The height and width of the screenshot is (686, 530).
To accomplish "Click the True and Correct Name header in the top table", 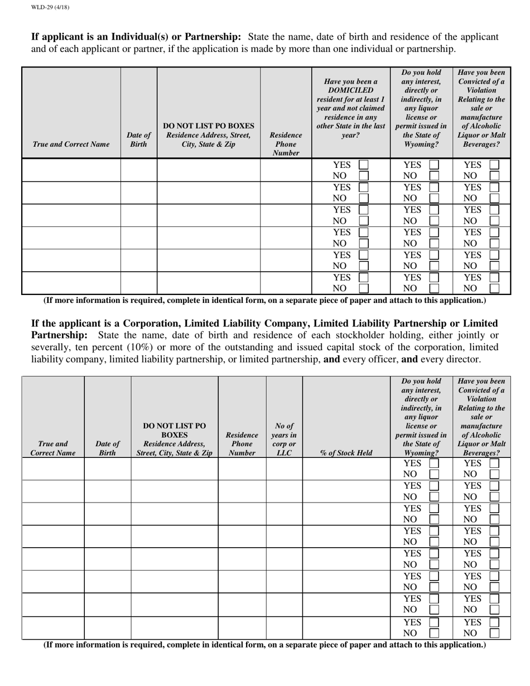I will [x=71, y=144].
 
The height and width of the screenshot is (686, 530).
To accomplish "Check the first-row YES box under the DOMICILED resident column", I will [x=363, y=165].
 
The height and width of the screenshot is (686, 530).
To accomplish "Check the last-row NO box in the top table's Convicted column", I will [x=494, y=288].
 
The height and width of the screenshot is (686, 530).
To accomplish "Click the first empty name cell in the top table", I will [x=71, y=170].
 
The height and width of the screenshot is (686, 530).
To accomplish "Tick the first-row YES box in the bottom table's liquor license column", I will [x=434, y=463].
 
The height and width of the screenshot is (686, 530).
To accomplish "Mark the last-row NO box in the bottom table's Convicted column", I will [x=494, y=633].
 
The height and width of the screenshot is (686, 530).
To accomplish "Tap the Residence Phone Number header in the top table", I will [x=286, y=144].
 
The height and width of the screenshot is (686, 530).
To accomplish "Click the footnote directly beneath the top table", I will [x=264, y=300].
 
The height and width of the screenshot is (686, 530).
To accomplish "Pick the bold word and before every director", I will [x=409, y=360].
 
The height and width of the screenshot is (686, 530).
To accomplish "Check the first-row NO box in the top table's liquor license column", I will [x=434, y=176].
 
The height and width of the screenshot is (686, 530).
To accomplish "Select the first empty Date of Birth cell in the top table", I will [x=139, y=170].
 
